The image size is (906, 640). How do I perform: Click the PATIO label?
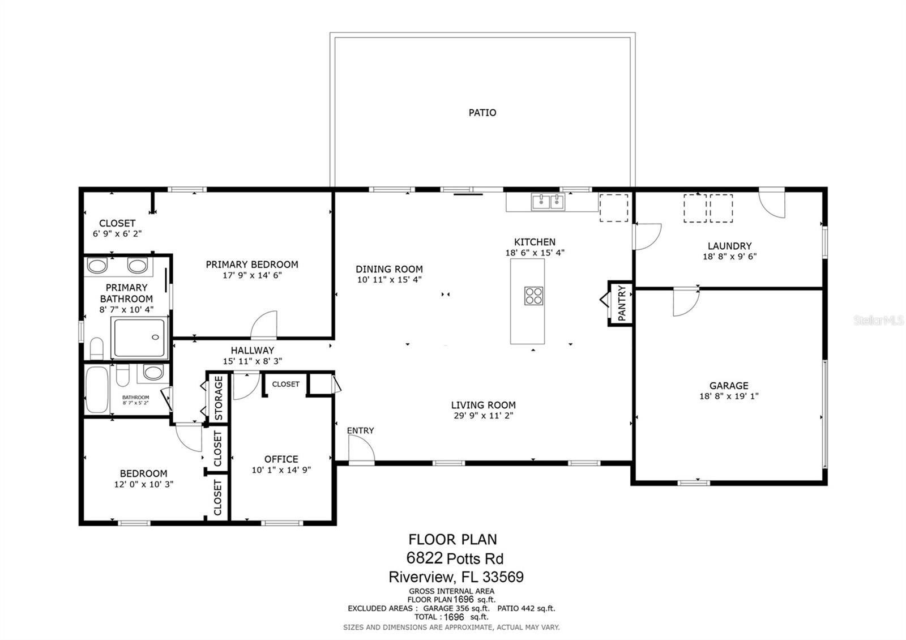tap(482, 113)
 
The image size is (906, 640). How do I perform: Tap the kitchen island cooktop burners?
tap(533, 295)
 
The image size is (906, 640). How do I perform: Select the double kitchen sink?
tap(548, 202)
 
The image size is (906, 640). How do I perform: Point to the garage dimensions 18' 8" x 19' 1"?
tap(729, 396)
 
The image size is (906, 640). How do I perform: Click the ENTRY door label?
tap(360, 430)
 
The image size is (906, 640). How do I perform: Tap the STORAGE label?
tap(219, 398)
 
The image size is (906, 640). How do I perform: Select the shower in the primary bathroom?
tap(140, 338)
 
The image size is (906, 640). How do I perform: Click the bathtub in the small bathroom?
tap(97, 389)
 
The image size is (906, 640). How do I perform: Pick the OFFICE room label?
tap(281, 459)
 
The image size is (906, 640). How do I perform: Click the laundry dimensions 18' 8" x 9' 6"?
tap(730, 257)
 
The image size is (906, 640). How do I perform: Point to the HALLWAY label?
tap(253, 351)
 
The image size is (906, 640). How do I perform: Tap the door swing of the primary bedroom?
tap(264, 324)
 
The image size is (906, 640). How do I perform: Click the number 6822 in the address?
tap(424, 558)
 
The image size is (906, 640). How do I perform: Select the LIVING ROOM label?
tap(484, 405)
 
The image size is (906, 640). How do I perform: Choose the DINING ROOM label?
tap(389, 269)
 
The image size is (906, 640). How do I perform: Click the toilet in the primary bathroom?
tap(97, 348)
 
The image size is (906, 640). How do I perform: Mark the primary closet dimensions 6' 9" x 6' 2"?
tap(117, 234)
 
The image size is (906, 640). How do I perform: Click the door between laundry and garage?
tap(686, 302)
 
